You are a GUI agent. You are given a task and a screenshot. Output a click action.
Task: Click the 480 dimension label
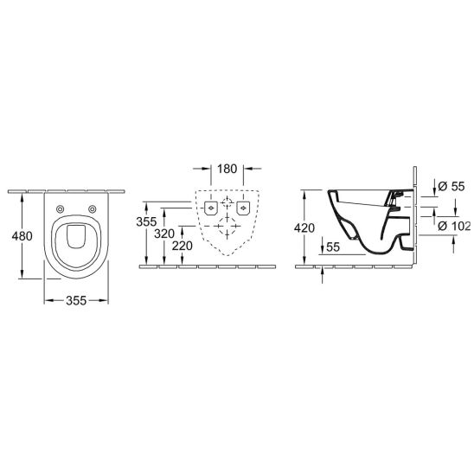(22, 236)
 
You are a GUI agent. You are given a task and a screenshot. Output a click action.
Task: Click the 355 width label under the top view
(76, 300)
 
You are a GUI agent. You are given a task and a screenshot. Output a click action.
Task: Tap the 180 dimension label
(227, 169)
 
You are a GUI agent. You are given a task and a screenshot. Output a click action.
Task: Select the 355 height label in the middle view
(146, 221)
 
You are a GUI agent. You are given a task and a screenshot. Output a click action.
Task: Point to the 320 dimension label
(164, 234)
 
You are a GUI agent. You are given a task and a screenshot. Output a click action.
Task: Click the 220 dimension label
(183, 246)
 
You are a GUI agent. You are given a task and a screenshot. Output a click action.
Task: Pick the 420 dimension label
(304, 227)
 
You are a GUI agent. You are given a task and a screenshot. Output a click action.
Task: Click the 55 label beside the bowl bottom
(333, 247)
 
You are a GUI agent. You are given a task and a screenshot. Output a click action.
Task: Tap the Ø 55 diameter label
(451, 186)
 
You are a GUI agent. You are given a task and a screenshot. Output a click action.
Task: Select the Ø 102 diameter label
(454, 226)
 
